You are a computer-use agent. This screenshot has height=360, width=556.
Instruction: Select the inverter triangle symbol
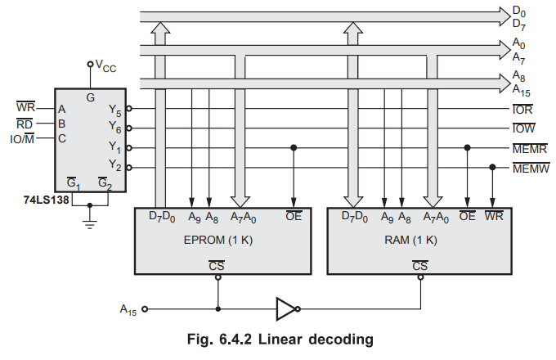coord(285,309)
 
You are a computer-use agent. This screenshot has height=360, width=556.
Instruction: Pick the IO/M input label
coord(20,138)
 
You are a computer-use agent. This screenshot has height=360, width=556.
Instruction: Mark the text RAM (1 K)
coord(411,241)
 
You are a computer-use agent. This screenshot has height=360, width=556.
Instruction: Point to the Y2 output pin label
coord(114,167)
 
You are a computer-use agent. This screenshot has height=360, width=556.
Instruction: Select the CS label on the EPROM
coord(217,266)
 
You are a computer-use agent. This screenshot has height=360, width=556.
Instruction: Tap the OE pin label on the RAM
coord(467,217)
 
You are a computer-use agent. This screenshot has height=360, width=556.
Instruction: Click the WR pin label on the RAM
coord(493,217)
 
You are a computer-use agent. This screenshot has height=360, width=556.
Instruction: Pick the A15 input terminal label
coord(128,309)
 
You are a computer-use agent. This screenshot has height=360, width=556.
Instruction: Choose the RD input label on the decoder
coord(25,124)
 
